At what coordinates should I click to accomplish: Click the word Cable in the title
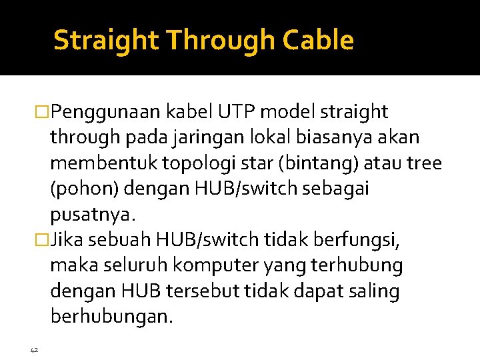click(x=318, y=41)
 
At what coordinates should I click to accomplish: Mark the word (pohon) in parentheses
click(x=83, y=189)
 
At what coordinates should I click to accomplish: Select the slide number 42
click(x=34, y=349)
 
